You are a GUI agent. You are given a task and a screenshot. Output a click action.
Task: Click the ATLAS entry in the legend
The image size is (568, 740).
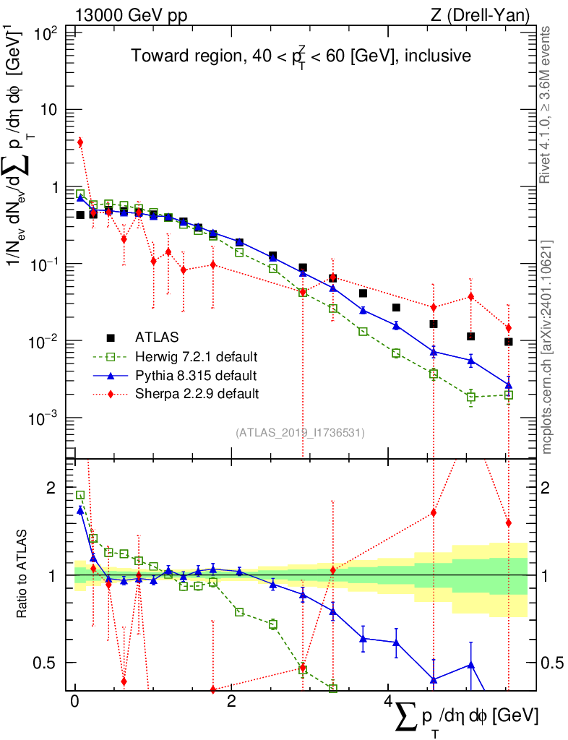pos(156,337)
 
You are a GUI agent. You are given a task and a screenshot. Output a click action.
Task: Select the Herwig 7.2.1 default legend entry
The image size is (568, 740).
pos(197,356)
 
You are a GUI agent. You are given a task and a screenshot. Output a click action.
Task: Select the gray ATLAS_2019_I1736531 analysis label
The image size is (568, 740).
pos(300,433)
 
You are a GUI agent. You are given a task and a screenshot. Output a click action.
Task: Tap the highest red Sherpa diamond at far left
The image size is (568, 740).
pos(80,142)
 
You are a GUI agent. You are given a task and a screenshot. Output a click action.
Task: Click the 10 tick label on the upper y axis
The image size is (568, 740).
pos(53,110)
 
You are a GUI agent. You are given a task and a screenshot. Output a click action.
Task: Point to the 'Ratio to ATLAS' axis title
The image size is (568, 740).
pos(25,574)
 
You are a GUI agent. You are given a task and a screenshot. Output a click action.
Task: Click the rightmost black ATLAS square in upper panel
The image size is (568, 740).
pos(509,342)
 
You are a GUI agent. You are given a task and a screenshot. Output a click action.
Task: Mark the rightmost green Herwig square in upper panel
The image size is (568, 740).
pos(509,395)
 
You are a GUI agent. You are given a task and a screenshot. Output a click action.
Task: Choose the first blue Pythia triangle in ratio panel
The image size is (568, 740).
pos(80,510)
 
